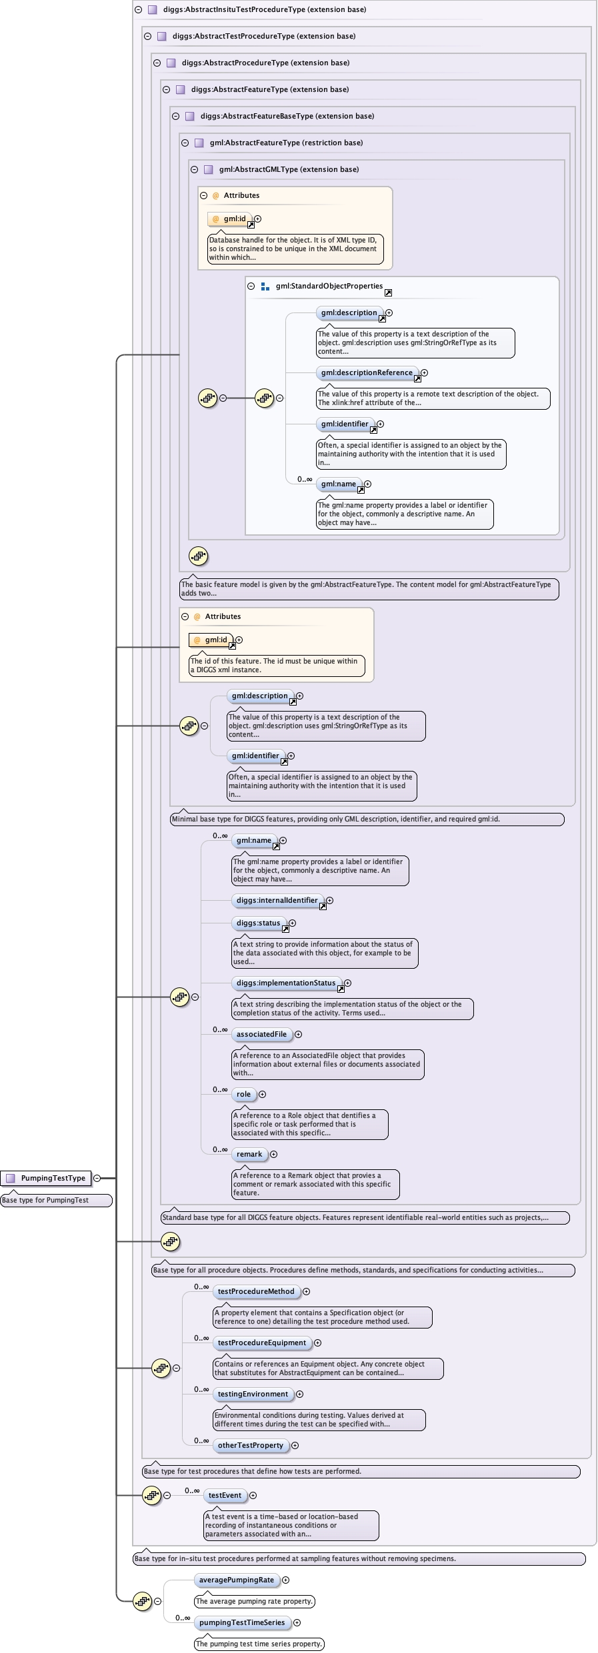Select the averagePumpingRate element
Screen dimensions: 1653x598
(x=237, y=1580)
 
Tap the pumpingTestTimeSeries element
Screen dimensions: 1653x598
(x=242, y=1622)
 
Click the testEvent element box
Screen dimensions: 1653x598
(x=225, y=1495)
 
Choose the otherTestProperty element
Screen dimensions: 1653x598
(x=250, y=1445)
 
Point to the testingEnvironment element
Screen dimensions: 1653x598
(x=253, y=1394)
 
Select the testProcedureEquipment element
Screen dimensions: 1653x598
(x=262, y=1343)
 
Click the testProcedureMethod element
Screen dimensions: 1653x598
(x=256, y=1291)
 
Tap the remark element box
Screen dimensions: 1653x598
(x=249, y=1154)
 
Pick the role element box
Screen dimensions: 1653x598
(x=244, y=1094)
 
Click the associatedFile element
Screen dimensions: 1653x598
(x=261, y=1034)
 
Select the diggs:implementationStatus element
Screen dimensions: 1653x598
(x=286, y=983)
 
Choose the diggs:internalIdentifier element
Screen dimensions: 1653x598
(x=277, y=900)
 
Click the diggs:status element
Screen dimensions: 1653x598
(x=259, y=923)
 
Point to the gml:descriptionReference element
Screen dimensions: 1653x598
(x=367, y=372)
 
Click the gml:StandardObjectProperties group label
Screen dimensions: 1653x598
(x=329, y=286)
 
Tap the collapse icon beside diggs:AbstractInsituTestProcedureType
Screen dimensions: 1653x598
(x=139, y=9)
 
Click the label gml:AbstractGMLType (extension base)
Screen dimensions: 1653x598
(x=289, y=169)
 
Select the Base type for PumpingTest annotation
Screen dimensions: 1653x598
(x=56, y=1200)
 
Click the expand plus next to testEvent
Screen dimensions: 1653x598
(x=253, y=1495)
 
